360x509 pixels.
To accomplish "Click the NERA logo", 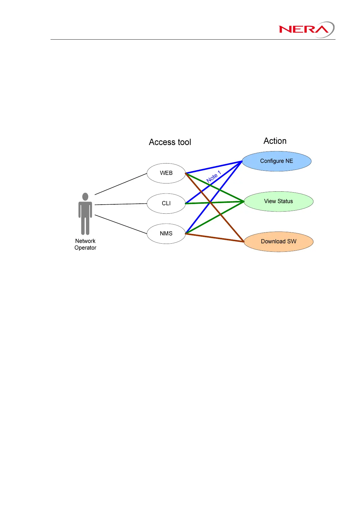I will pyautogui.click(x=306, y=29).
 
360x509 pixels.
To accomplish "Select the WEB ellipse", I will pyautogui.click(x=166, y=173).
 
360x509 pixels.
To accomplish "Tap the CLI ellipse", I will pyautogui.click(x=166, y=203).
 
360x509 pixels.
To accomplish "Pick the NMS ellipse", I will pyautogui.click(x=166, y=233).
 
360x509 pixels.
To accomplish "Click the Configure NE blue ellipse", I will pyautogui.click(x=277, y=161).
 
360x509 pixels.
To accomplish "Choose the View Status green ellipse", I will pyautogui.click(x=278, y=201).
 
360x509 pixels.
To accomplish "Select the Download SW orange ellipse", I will pyautogui.click(x=278, y=242).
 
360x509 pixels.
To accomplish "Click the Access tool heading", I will pyautogui.click(x=170, y=142).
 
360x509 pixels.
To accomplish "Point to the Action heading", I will pyautogui.click(x=275, y=141).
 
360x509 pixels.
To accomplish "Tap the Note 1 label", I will pyautogui.click(x=214, y=177).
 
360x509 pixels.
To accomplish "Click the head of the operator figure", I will pyautogui.click(x=85, y=197).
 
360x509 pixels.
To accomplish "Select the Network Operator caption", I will pyautogui.click(x=85, y=244).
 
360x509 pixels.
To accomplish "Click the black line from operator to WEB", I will pyautogui.click(x=121, y=184).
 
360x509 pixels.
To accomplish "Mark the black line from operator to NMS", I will pyautogui.click(x=121, y=224).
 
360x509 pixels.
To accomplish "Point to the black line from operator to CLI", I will pyautogui.click(x=121, y=204).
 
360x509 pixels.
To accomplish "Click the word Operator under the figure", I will pyautogui.click(x=85, y=248).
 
